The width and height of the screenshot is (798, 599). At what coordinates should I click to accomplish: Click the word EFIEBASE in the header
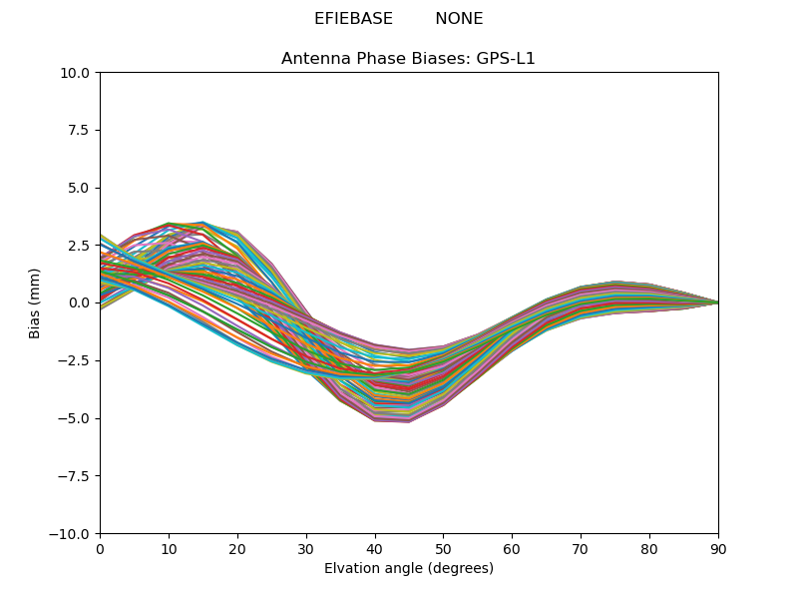[x=348, y=19]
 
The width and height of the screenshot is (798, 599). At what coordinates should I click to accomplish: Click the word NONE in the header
[x=459, y=19]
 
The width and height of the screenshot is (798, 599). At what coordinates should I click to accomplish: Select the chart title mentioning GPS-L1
[x=408, y=59]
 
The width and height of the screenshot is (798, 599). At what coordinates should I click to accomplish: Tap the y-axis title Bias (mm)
[x=36, y=302]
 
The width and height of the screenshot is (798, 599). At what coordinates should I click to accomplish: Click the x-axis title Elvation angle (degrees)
[x=409, y=569]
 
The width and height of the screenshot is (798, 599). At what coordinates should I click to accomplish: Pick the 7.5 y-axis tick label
[x=80, y=130]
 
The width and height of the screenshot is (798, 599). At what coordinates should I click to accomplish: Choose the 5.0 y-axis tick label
[x=80, y=188]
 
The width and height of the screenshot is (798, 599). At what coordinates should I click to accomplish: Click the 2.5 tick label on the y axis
[x=80, y=246]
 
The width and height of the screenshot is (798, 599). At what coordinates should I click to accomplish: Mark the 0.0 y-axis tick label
[x=80, y=302]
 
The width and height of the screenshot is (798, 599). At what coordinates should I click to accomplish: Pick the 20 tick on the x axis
[x=237, y=549]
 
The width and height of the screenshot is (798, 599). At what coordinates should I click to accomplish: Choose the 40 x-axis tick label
[x=375, y=549]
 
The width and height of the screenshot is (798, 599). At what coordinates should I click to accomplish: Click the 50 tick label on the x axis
[x=443, y=549]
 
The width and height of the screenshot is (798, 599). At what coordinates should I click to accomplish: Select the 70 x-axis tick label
[x=581, y=549]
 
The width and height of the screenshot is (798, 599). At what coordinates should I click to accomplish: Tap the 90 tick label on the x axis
[x=718, y=549]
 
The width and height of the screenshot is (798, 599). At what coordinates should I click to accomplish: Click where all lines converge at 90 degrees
[x=717, y=302]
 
